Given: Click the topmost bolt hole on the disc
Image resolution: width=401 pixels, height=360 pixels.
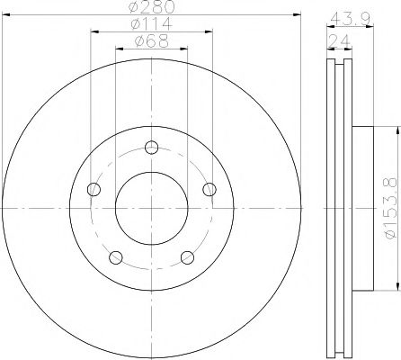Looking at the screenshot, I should [151, 148].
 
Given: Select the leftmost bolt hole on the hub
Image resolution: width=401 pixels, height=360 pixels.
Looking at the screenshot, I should [93, 189].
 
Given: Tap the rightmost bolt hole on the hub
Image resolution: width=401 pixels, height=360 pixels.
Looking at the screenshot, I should [209, 189].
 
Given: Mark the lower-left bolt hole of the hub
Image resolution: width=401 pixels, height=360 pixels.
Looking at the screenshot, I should [115, 258].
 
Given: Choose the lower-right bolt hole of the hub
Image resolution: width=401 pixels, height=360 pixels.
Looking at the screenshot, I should [187, 258].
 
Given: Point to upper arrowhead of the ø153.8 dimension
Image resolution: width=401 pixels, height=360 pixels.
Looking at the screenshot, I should [393, 128].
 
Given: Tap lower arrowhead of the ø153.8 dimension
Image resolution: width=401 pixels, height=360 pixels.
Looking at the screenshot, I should [393, 290].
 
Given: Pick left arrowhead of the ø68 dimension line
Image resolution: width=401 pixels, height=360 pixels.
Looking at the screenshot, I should [117, 49].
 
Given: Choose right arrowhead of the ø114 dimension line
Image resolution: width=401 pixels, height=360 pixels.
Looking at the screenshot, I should [211, 32].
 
